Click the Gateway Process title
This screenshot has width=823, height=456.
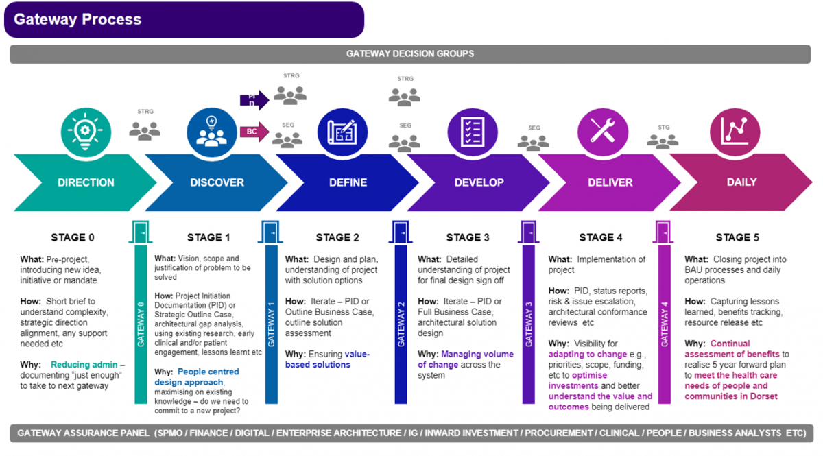click(77, 19)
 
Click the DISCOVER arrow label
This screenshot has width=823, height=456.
click(217, 182)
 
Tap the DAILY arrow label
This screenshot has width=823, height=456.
click(741, 182)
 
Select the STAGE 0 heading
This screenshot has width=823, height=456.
click(73, 238)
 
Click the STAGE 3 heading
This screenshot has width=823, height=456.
click(468, 238)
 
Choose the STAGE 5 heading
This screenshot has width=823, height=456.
click(737, 238)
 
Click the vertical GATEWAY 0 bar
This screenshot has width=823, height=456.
click(141, 322)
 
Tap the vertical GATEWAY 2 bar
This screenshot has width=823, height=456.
click(401, 322)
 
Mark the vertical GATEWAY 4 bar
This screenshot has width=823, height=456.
click(664, 322)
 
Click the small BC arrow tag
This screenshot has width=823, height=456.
click(253, 132)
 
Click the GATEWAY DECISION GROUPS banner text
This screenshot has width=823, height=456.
click(410, 53)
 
